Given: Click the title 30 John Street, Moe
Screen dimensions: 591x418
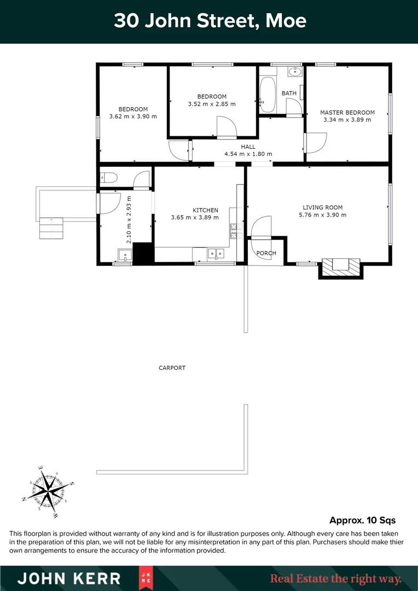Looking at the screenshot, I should coord(210,21).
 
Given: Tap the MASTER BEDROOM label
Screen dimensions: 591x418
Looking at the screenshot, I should coord(347,113).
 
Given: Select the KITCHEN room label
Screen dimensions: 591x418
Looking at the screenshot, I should coord(205,210).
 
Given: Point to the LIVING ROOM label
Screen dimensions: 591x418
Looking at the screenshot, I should coord(322,207).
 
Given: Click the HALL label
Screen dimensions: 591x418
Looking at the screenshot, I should coord(248,147).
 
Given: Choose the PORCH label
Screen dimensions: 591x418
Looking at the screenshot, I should coord(266,253).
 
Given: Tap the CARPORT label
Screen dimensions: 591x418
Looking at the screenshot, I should coord(172,368).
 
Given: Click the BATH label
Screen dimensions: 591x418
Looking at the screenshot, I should coord(289,93).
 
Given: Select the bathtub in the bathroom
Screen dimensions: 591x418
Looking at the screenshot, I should coord(268,95).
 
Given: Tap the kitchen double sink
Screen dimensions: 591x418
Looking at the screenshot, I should coord(216,253).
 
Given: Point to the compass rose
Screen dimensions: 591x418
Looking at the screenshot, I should coord(49,489).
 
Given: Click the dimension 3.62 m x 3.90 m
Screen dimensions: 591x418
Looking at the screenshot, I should coord(133,116).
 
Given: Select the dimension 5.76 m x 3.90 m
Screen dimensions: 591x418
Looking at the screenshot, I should coord(322,215).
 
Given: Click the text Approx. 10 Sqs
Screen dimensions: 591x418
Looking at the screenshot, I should coord(362,520).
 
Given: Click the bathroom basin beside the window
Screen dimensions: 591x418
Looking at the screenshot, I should coord(295,71).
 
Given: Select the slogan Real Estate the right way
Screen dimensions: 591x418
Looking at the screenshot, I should coord(336,578).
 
